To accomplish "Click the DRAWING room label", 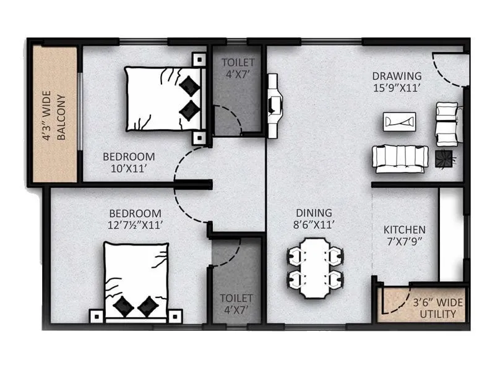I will click(x=397, y=76).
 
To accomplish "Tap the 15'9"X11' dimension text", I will click(x=397, y=88).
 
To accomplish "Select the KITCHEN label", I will click(x=400, y=229).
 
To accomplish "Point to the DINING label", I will click(x=314, y=213).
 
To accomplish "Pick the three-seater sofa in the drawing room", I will click(x=400, y=158).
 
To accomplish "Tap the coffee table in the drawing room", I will click(x=399, y=121).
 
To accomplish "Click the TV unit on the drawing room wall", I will click(x=273, y=101).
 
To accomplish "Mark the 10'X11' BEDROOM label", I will click(x=129, y=162).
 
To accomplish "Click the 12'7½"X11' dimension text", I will click(x=137, y=226).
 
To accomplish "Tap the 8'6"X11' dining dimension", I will click(x=314, y=225).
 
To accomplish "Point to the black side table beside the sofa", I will click(x=444, y=158).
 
